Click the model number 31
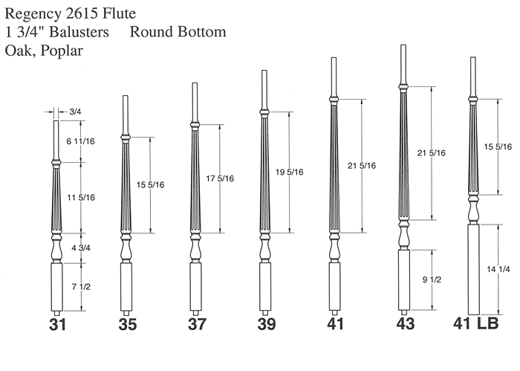coord(57,324)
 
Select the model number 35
coord(128,324)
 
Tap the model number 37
coord(197,324)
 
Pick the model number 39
coord(266,324)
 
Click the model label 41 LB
coord(476,323)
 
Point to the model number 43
coord(406,323)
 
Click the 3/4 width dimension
coord(75,112)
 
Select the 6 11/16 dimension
coord(80,141)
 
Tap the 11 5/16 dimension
coord(81,198)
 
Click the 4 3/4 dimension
coord(80,248)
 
